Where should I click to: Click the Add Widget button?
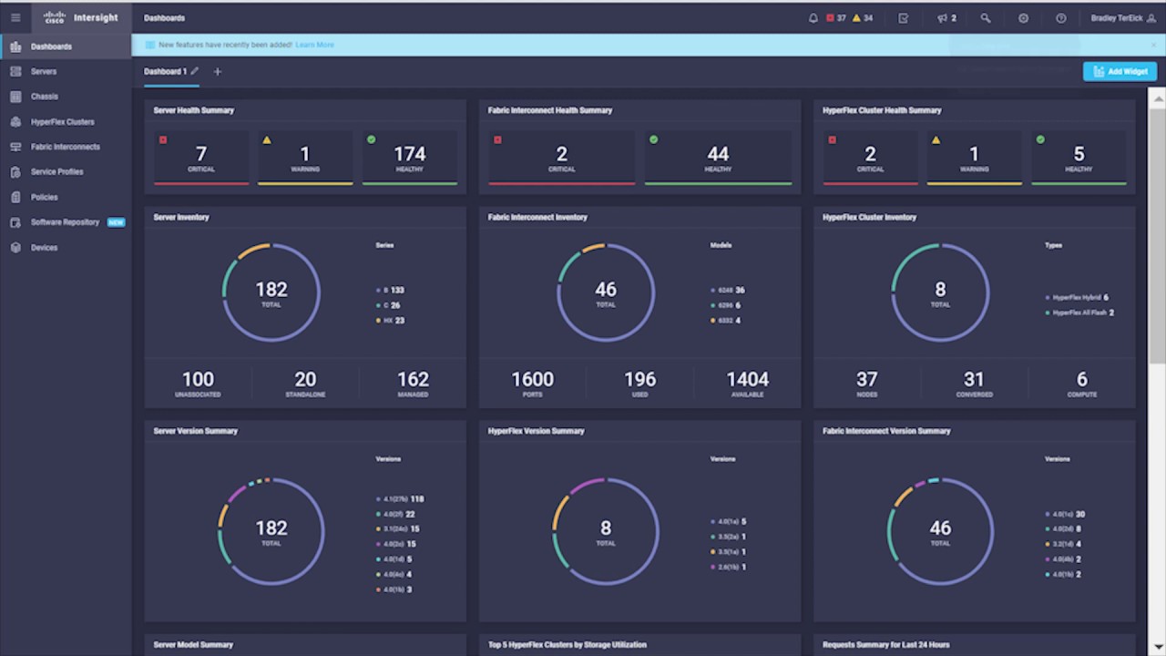[x=1120, y=71]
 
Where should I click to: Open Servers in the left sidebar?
[x=43, y=71]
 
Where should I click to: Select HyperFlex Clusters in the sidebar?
[x=62, y=121]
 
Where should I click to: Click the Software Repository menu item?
[x=65, y=222]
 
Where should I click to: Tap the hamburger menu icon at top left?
[x=15, y=17]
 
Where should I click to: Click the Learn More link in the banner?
[x=314, y=45]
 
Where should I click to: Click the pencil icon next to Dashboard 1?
[x=195, y=71]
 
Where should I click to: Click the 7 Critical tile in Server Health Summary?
[x=201, y=158]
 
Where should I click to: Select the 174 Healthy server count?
[x=409, y=158]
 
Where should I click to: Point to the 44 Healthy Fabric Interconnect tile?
[x=718, y=158]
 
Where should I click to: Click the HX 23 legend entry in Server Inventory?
[x=391, y=321]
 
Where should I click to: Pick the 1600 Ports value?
[x=532, y=383]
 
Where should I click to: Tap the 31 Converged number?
[x=974, y=383]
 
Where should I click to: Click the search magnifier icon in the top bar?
[x=986, y=18]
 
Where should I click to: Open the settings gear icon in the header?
[x=1023, y=18]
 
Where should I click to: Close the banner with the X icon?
[x=1152, y=45]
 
